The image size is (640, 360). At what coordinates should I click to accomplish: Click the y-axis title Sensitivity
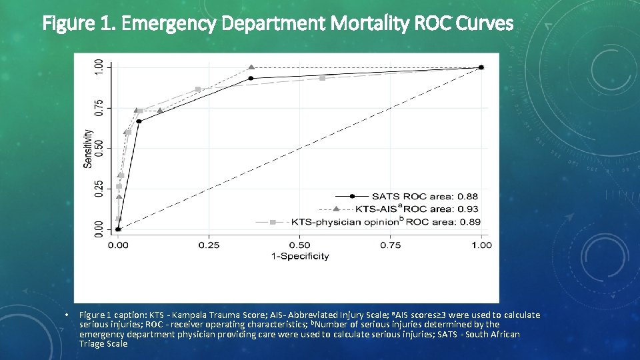[88, 148]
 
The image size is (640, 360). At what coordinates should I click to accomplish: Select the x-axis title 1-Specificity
[299, 257]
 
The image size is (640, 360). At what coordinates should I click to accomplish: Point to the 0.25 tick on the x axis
[209, 245]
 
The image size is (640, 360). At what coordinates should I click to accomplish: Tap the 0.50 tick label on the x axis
[299, 245]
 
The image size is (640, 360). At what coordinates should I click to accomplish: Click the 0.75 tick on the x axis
[391, 245]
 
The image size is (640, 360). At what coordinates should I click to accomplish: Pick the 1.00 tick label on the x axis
[481, 245]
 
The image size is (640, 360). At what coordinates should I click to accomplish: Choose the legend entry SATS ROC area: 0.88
[425, 196]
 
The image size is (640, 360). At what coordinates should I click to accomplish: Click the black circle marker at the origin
[118, 229]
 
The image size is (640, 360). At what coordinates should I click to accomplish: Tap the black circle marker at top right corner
[481, 67]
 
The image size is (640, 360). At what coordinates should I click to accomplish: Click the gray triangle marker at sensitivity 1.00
[251, 67]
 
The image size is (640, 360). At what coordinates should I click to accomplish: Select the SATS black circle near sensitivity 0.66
[139, 121]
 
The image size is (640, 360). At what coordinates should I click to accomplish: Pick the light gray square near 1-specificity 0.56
[322, 78]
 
